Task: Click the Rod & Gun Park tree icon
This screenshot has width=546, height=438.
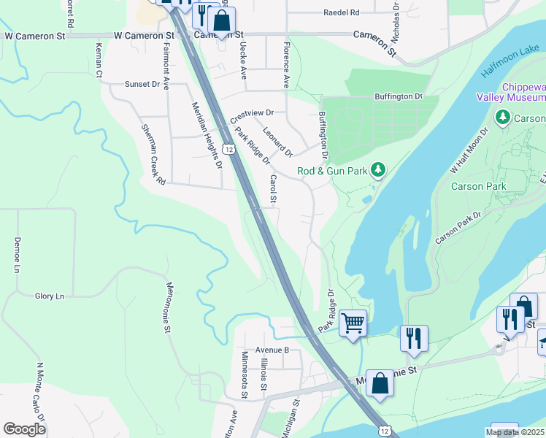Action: pyautogui.click(x=377, y=171)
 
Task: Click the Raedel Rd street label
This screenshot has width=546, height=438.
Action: pyautogui.click(x=342, y=13)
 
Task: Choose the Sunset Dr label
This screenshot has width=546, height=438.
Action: pyautogui.click(x=142, y=85)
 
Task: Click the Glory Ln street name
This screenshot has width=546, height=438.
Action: pyautogui.click(x=50, y=296)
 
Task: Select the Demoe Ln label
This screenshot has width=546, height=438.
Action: pyautogui.click(x=16, y=255)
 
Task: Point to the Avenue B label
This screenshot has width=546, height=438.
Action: pyautogui.click(x=272, y=350)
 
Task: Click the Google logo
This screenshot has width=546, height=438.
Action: pyautogui.click(x=25, y=429)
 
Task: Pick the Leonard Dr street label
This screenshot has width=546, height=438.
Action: pyautogui.click(x=278, y=142)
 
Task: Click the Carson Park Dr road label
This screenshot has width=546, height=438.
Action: pyautogui.click(x=458, y=228)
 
